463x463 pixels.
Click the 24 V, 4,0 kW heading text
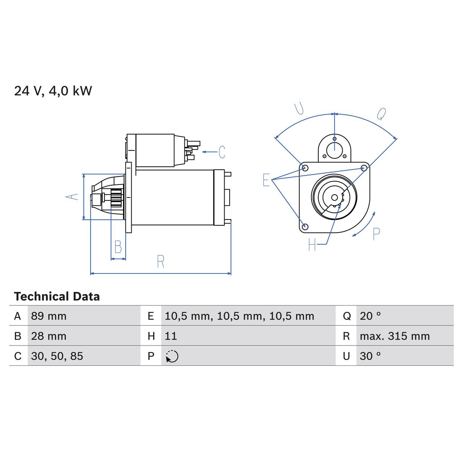(x=53, y=91)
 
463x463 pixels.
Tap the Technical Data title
(x=57, y=297)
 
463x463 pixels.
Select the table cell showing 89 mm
(x=49, y=316)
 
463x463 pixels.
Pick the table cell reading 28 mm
(x=49, y=336)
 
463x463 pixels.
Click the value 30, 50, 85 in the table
(x=57, y=356)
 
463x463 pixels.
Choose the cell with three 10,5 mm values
(x=239, y=316)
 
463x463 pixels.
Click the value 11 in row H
(x=171, y=336)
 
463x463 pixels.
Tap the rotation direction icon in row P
(x=172, y=356)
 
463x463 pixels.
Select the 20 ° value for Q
(x=370, y=316)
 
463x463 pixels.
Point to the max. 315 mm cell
(x=395, y=336)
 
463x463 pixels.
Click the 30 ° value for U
(x=370, y=356)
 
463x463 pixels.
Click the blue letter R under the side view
(x=161, y=261)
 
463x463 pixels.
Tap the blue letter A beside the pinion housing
(x=72, y=197)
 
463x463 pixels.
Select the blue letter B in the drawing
(x=118, y=247)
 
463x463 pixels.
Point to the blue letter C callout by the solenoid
(x=222, y=152)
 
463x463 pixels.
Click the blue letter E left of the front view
(x=266, y=180)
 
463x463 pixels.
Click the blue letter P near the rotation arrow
(x=376, y=234)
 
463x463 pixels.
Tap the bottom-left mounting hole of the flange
(x=305, y=226)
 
